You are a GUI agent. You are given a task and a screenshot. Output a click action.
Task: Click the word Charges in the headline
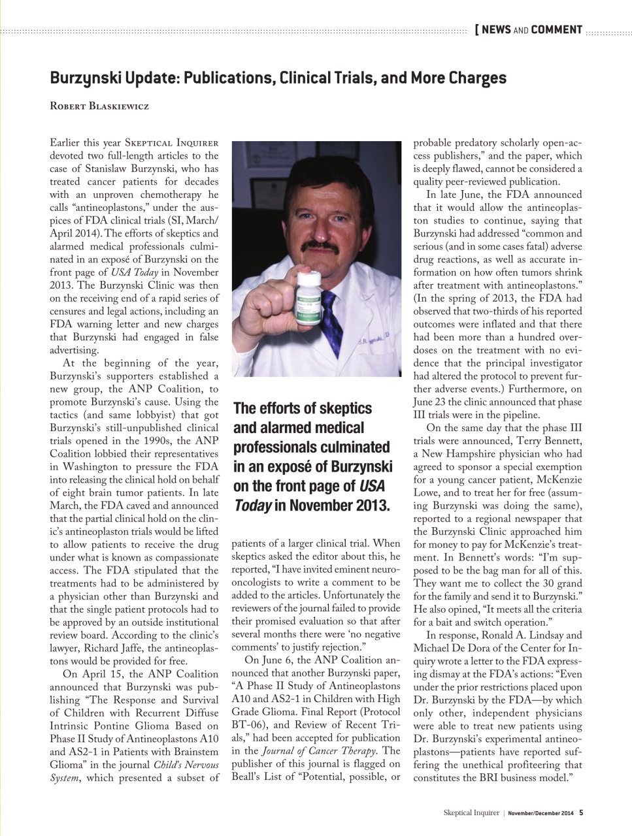(x=477, y=78)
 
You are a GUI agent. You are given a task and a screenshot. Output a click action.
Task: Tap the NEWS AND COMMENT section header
(x=529, y=29)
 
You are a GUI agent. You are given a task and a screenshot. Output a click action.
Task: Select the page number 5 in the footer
(x=581, y=813)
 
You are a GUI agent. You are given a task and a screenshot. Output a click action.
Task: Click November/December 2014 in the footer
(x=541, y=813)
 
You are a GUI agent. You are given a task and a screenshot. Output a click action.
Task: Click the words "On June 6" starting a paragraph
(x=269, y=660)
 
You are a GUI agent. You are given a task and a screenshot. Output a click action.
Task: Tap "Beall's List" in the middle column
(x=259, y=777)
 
